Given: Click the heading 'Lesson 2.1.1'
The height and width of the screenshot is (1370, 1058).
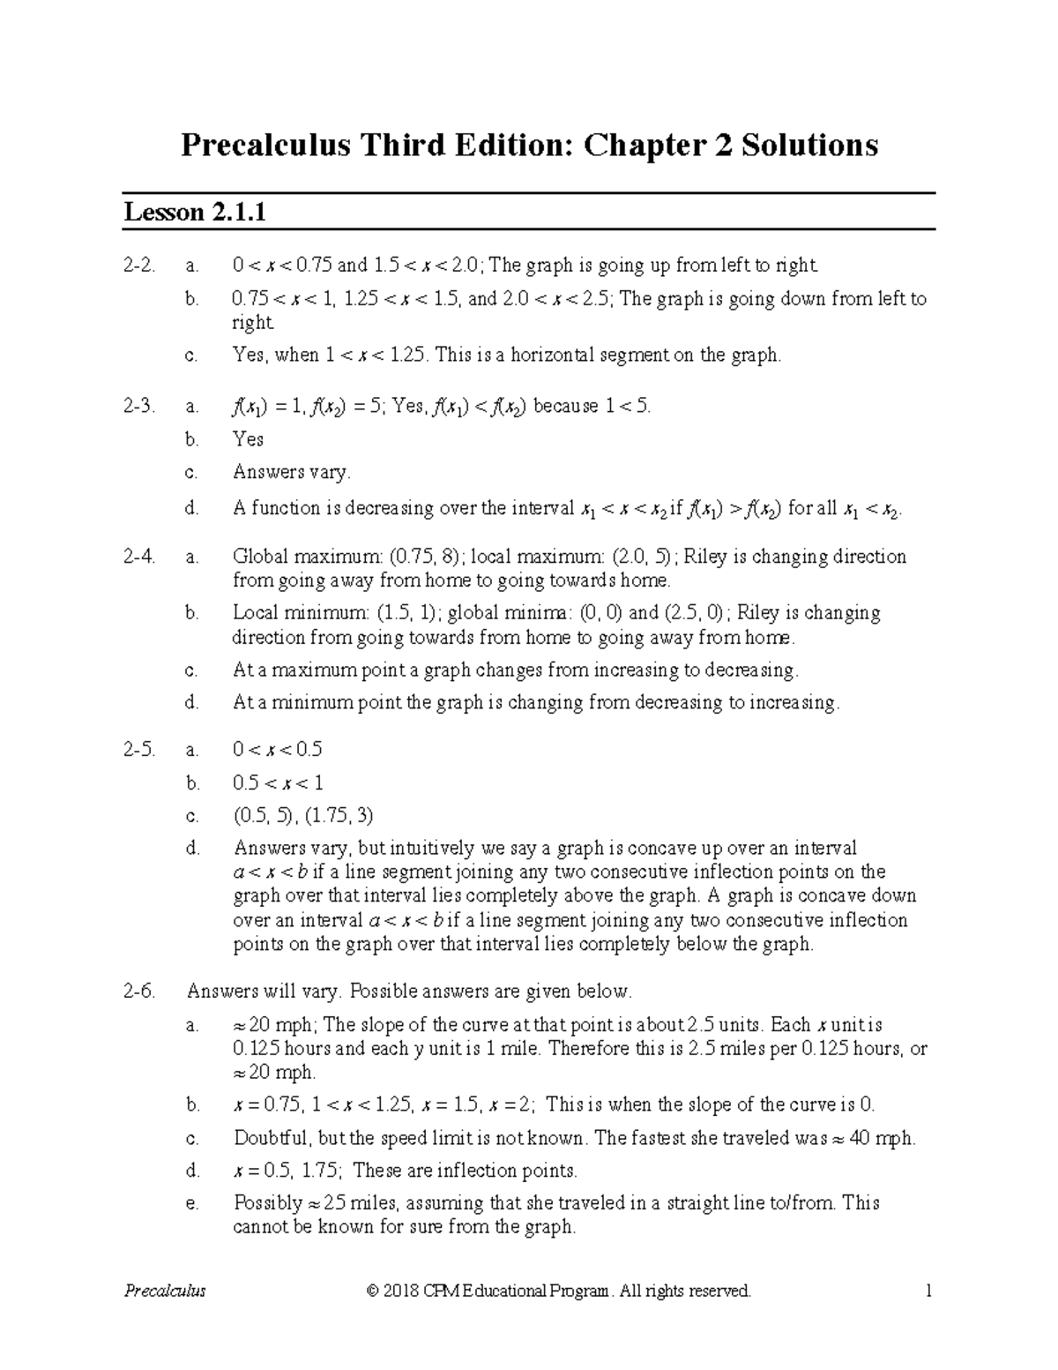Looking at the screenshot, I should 195,213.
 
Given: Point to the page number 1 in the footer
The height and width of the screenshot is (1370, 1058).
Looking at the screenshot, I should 928,1291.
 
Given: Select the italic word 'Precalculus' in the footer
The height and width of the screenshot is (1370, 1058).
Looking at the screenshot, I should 165,1291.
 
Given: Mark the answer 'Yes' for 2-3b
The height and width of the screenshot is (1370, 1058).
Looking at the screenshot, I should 248,439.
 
